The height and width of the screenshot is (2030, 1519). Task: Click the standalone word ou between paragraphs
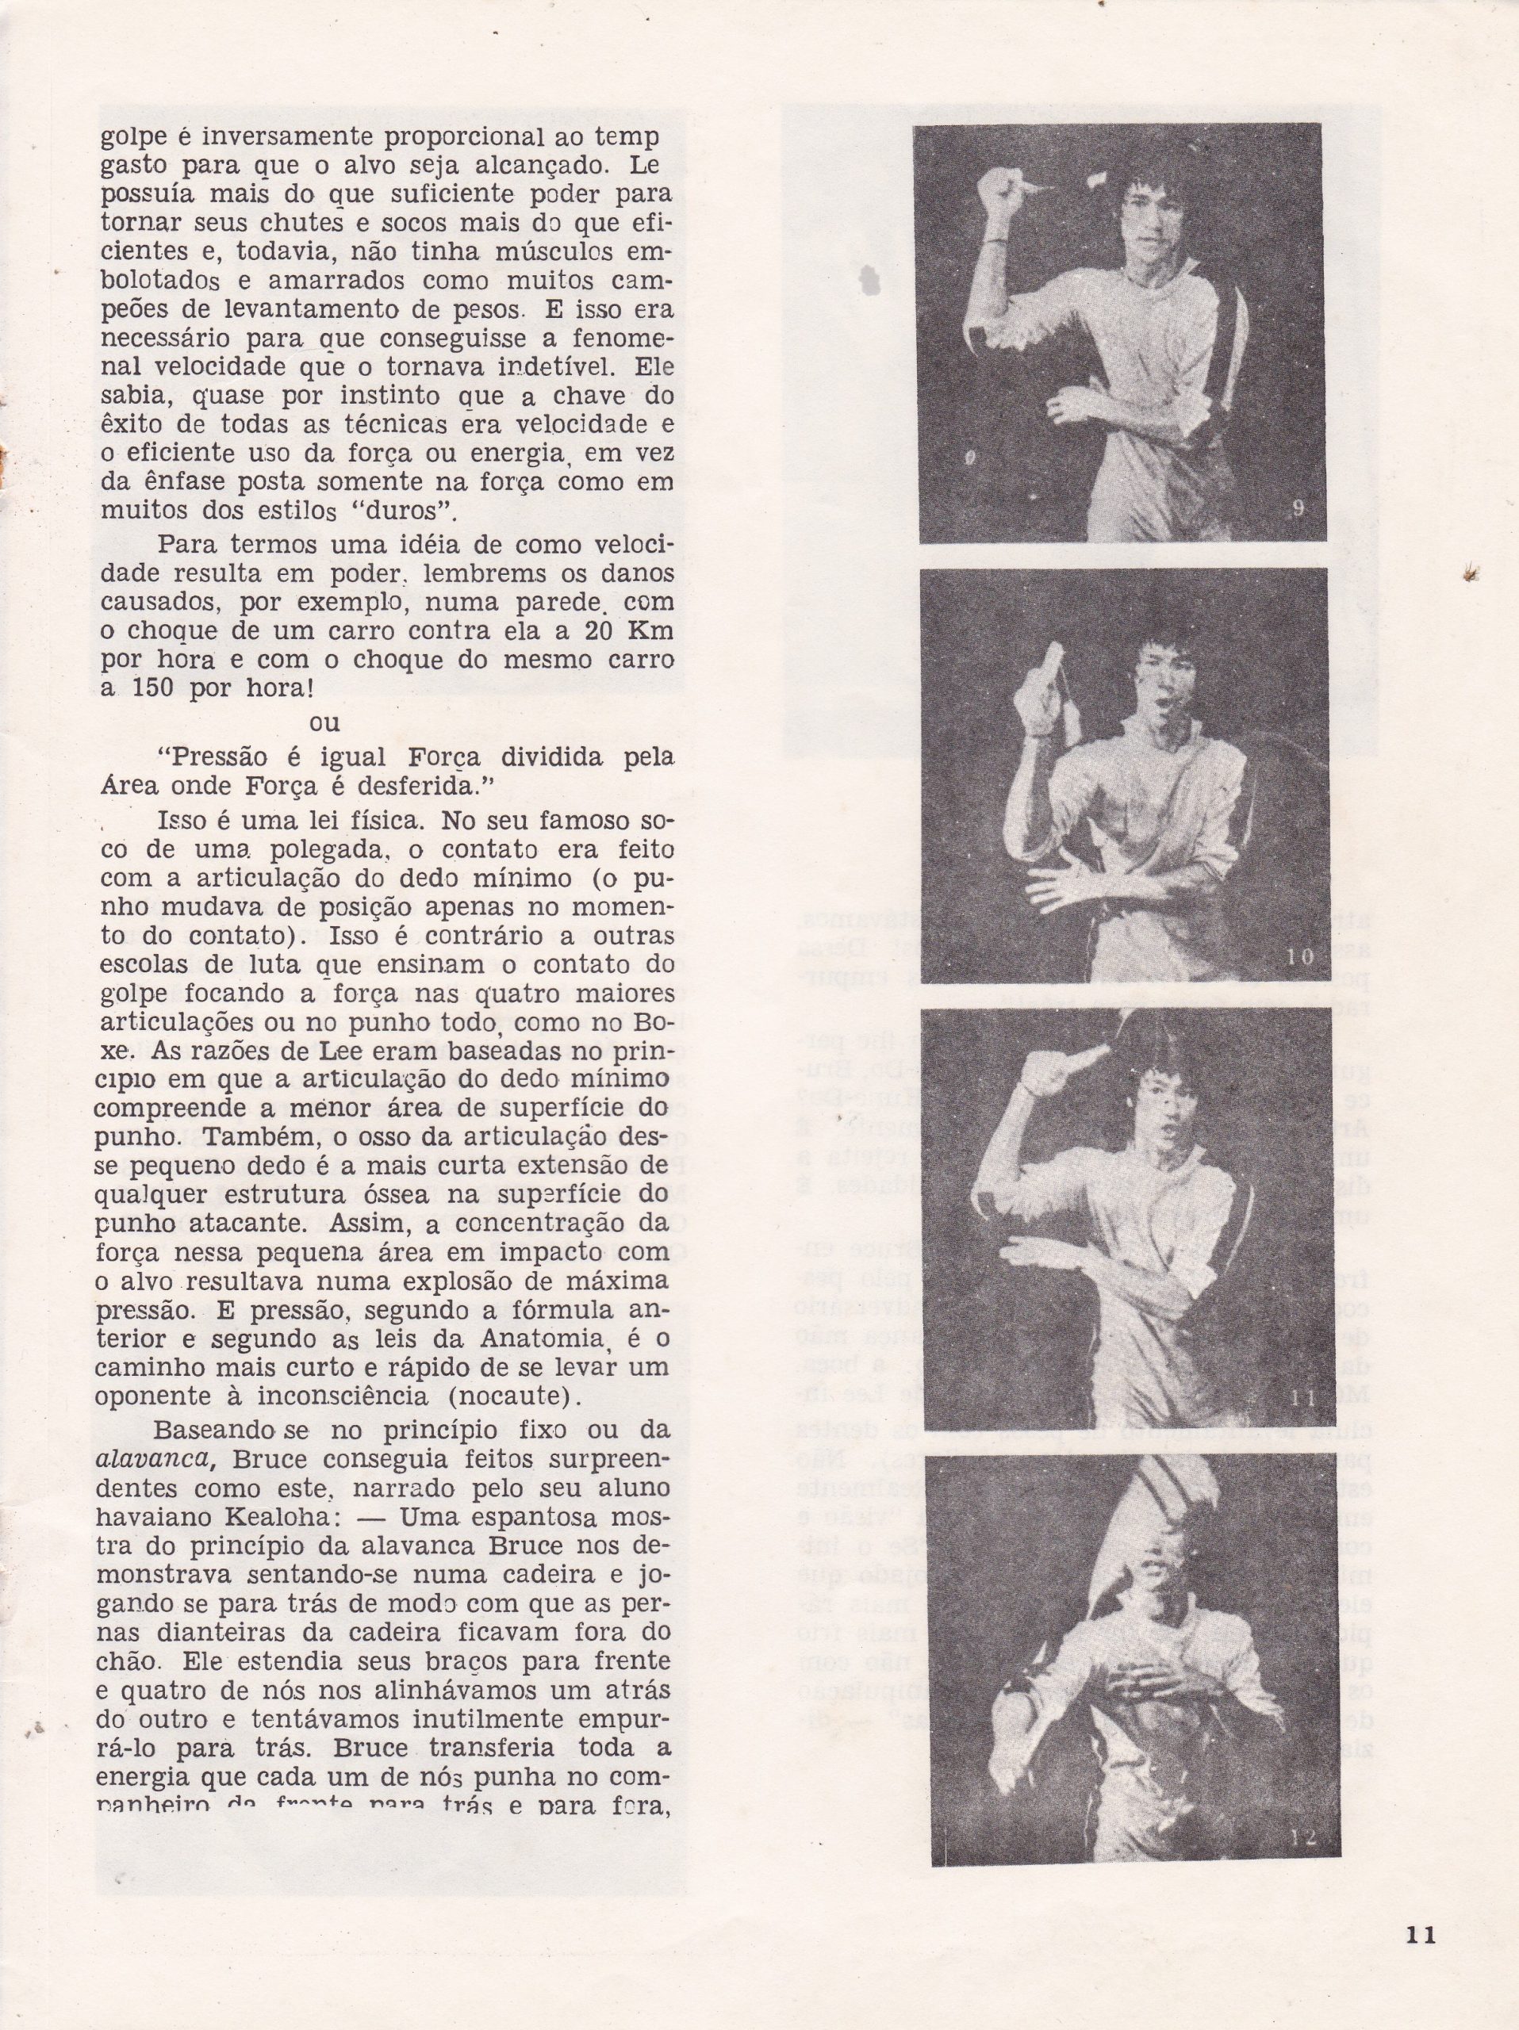(325, 722)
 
